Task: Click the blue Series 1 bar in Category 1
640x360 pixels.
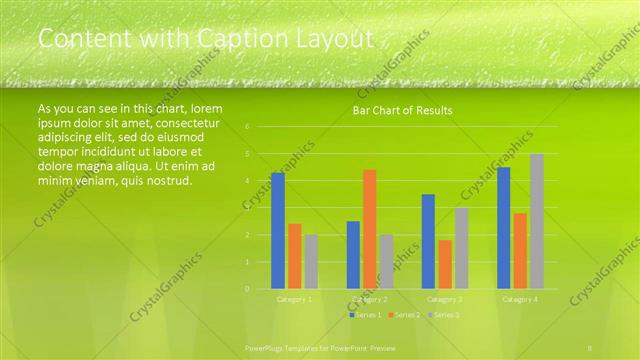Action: pyautogui.click(x=278, y=231)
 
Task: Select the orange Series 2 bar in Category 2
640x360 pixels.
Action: pyautogui.click(x=369, y=229)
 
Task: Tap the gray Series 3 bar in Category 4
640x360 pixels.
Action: pyautogui.click(x=537, y=221)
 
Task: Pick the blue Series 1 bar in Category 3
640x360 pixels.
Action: pyautogui.click(x=428, y=241)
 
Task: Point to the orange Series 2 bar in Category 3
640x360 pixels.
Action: pyautogui.click(x=444, y=264)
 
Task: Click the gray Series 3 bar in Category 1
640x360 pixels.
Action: pyautogui.click(x=311, y=262)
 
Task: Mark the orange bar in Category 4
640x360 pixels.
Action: pyautogui.click(x=520, y=251)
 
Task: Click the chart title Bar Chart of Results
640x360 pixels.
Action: pyautogui.click(x=402, y=110)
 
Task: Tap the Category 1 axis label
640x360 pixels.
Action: pyautogui.click(x=294, y=298)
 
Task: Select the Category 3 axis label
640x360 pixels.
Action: pyautogui.click(x=445, y=298)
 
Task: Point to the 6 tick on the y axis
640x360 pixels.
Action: pyautogui.click(x=247, y=127)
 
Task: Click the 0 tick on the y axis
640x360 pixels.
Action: pyautogui.click(x=247, y=289)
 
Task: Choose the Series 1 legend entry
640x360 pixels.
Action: pyautogui.click(x=365, y=314)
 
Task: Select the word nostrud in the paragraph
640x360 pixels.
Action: pyautogui.click(x=166, y=180)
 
